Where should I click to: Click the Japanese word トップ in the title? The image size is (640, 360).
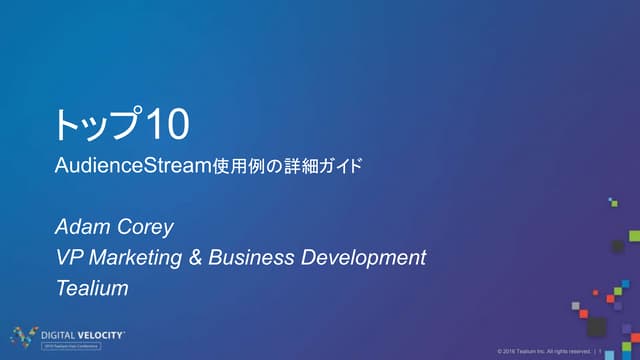click(x=98, y=125)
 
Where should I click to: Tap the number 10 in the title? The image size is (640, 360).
click(x=167, y=125)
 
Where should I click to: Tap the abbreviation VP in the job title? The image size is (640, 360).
click(x=69, y=258)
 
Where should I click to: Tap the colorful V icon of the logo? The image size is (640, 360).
click(x=23, y=335)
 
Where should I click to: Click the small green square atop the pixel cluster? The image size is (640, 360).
click(x=613, y=202)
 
